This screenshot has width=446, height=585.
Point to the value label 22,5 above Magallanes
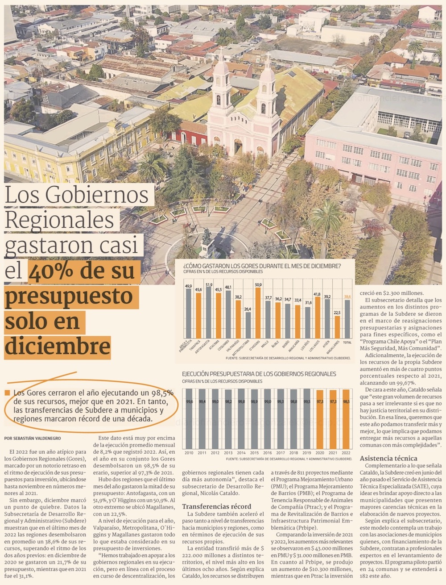337,312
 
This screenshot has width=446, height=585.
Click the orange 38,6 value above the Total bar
347,296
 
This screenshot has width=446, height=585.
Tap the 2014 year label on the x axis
241,453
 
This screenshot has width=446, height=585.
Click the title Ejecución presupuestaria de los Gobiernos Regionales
259,374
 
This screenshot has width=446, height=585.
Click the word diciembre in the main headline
58,346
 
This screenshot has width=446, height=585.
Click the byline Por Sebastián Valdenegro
33,438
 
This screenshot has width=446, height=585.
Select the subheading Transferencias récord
216,506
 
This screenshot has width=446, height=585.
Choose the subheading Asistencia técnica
388,458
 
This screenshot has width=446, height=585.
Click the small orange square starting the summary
7,393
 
